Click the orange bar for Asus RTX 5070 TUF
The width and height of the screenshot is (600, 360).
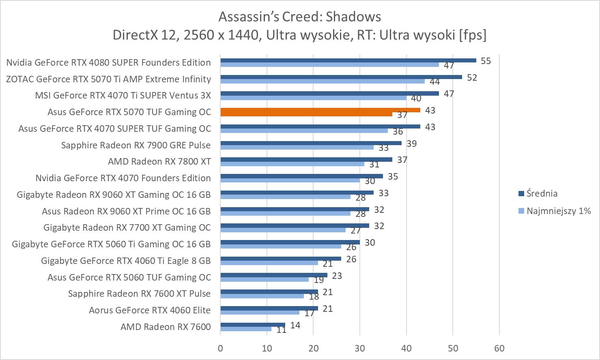320,110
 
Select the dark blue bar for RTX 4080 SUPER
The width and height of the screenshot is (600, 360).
348,60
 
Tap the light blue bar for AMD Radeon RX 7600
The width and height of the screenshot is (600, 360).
246,329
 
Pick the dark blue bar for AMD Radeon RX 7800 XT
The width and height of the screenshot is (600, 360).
306,159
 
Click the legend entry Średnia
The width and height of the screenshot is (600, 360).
542,193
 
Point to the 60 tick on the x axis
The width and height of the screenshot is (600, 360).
499,348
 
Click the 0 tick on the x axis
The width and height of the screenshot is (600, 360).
220,348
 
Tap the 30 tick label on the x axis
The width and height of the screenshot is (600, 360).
360,348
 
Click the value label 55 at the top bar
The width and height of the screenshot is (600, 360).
486,61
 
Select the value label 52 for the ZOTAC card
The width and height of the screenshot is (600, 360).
472,77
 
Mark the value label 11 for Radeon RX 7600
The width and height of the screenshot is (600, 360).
282,330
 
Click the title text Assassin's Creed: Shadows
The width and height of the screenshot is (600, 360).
300,17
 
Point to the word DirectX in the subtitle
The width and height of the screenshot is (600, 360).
135,35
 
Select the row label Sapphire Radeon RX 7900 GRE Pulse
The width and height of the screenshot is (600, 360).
136,145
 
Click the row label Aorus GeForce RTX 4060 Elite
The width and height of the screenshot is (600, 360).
150,310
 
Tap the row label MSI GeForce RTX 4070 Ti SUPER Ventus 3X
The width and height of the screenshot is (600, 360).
123,95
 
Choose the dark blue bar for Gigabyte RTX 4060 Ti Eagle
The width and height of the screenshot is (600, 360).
281,259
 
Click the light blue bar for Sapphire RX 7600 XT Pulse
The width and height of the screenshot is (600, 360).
262,296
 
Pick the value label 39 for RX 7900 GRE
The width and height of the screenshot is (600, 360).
411,144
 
